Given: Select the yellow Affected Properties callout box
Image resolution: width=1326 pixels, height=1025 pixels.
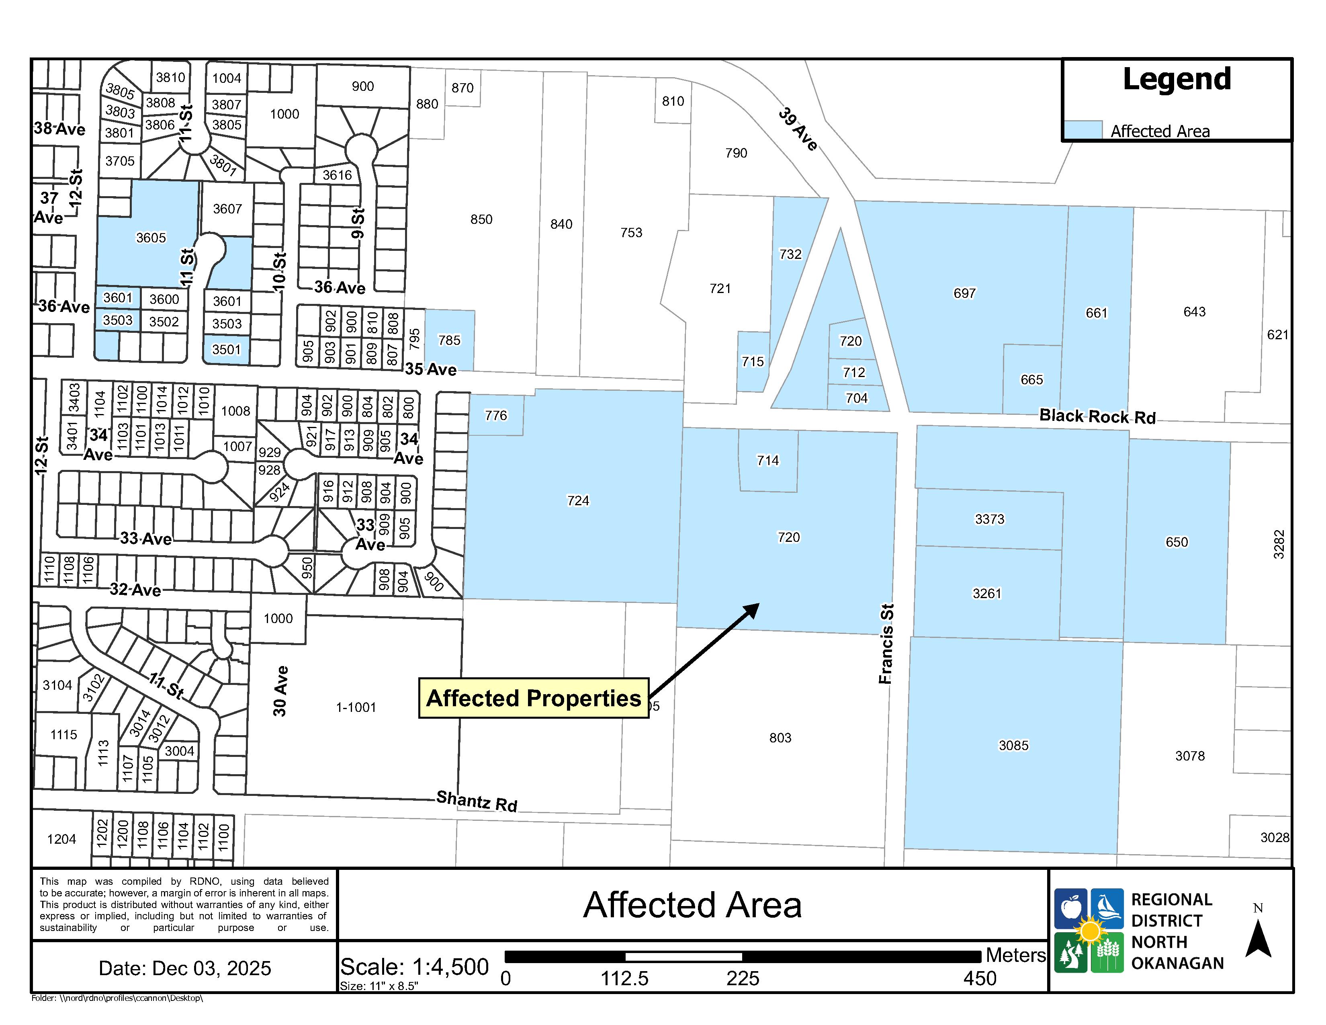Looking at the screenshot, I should (533, 698).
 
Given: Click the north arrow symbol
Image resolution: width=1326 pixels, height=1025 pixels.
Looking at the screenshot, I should (1258, 939).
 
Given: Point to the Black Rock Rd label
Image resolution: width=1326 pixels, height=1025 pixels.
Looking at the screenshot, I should (1097, 416).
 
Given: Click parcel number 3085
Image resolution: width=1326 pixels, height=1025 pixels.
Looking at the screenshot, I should (1013, 745).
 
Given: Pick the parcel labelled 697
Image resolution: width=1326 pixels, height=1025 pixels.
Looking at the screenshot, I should (964, 293).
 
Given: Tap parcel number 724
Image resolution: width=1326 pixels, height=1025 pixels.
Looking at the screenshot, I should (577, 500).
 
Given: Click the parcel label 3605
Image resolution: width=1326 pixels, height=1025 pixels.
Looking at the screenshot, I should (151, 238).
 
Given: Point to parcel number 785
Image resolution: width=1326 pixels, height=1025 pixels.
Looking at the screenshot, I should (449, 340).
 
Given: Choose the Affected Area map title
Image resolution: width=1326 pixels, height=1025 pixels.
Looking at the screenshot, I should (692, 905).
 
